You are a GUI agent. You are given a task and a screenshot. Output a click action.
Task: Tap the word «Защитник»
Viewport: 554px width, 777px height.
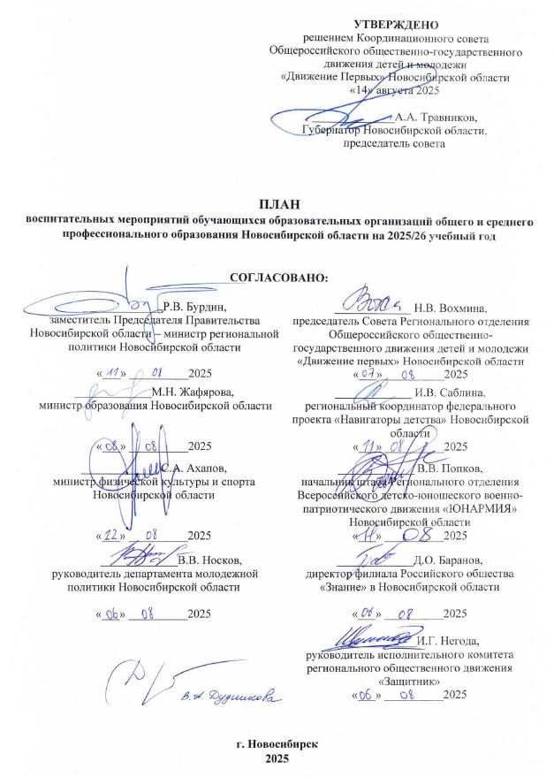(409, 682)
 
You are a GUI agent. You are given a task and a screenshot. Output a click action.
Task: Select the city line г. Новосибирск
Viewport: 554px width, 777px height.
(277, 744)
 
